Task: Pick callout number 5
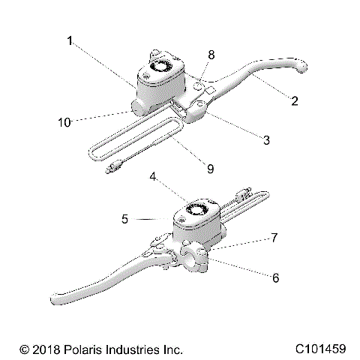(126, 219)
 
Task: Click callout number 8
(211, 55)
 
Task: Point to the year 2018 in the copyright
(44, 349)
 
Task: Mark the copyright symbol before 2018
(24, 349)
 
